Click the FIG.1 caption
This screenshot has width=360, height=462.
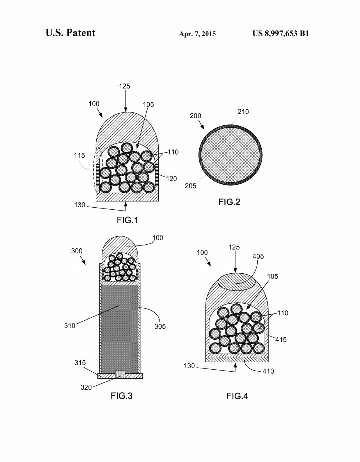point(127,220)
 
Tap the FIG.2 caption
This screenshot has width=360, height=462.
point(229,202)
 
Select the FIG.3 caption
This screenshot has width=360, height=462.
point(122,396)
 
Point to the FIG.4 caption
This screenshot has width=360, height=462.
point(237,396)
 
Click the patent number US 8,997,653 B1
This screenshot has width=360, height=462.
point(281,34)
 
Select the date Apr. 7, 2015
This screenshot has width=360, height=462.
point(197,34)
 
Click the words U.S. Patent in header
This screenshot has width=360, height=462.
point(70,33)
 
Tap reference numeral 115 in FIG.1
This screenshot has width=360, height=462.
point(79,155)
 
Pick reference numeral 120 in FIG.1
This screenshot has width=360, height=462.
point(171,179)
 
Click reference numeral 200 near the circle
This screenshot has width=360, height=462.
point(195,116)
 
